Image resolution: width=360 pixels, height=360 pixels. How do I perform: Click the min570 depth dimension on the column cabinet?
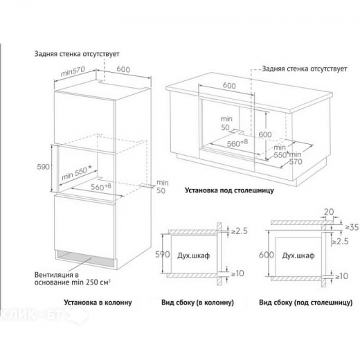pyautogui.click(x=73, y=71)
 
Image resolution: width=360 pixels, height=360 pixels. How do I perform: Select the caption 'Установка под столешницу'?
pyautogui.click(x=229, y=190)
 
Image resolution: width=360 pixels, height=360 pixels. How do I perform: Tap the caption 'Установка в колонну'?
pyautogui.click(x=98, y=303)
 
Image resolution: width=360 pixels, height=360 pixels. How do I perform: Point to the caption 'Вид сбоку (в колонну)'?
pyautogui.click(x=197, y=303)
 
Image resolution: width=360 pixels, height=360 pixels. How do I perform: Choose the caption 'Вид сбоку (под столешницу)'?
pyautogui.click(x=305, y=303)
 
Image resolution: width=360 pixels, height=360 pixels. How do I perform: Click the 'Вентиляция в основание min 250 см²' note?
pyautogui.click(x=72, y=279)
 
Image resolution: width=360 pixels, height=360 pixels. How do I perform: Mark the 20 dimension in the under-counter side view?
pyautogui.click(x=329, y=212)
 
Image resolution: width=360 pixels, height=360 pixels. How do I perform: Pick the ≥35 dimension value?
pyautogui.click(x=352, y=227)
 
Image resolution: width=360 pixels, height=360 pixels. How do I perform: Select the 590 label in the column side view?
pyautogui.click(x=163, y=254)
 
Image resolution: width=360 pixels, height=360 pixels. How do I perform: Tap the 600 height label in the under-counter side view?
pyautogui.click(x=267, y=255)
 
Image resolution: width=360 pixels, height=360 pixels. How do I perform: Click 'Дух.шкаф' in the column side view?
pyautogui.click(x=194, y=255)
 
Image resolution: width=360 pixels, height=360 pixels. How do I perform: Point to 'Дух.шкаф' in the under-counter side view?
pyautogui.click(x=298, y=255)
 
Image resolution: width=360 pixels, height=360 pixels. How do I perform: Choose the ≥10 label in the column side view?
pyautogui.click(x=237, y=273)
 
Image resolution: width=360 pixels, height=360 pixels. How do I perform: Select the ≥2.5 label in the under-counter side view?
pyautogui.click(x=340, y=242)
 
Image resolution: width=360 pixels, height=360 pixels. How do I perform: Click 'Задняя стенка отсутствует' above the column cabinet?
pyautogui.click(x=77, y=54)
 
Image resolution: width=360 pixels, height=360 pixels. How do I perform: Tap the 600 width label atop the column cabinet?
pyautogui.click(x=123, y=69)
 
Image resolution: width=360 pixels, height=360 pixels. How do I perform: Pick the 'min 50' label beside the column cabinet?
pyautogui.click(x=163, y=187)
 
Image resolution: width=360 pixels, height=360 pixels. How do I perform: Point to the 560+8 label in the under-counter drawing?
pyautogui.click(x=237, y=143)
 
